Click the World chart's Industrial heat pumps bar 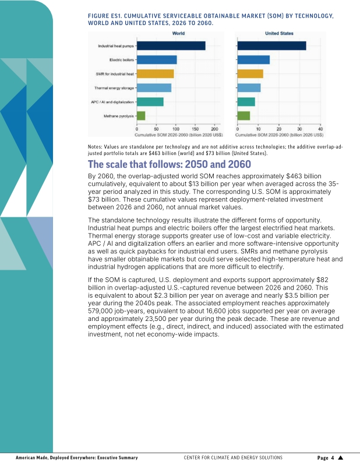pos(171,46)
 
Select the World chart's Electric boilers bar pos(157,60)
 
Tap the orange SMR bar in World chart pos(155,74)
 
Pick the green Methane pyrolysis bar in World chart pos(141,116)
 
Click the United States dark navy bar pos(271,46)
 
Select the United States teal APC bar pos(246,102)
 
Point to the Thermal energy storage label pos(114,88)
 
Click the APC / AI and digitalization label pos(112,102)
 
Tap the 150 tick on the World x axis pos(195,129)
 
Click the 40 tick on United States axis pos(320,129)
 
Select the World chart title pos(178,33)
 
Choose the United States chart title pos(279,33)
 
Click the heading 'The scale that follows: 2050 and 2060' pos(170,164)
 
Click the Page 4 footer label pos(326,458)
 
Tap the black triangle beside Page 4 pos(341,458)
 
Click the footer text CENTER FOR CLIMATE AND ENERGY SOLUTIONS pos(233,458)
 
